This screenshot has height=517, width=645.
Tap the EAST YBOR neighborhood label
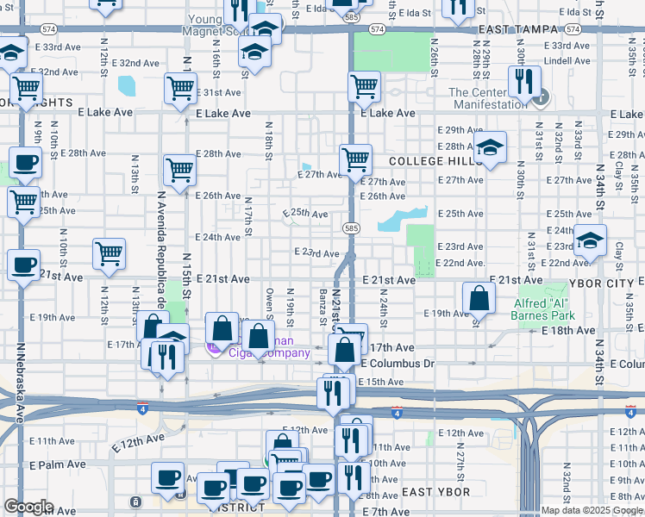click(435, 492)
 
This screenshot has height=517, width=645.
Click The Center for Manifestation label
click(486, 98)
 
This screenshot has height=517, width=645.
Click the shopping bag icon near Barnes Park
click(479, 298)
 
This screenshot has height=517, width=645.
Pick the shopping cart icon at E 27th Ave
click(355, 159)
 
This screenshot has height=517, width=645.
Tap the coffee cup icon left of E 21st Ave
click(24, 265)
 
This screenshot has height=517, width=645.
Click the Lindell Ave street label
click(567, 61)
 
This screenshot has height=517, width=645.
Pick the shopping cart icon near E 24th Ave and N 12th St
click(110, 253)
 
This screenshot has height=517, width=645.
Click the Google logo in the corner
click(28, 507)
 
